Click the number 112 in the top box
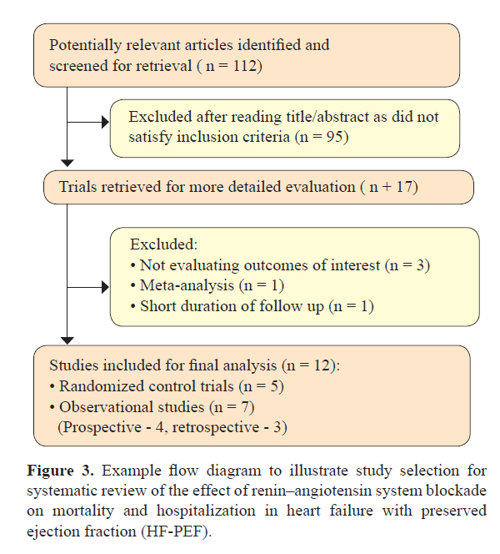click(244, 65)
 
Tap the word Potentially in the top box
click(85, 46)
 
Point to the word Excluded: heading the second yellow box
click(163, 244)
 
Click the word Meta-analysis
click(187, 285)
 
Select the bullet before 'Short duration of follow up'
click(133, 307)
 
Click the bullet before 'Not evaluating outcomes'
click(133, 265)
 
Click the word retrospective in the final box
click(216, 428)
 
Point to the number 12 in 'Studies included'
click(322, 365)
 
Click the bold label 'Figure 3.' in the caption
click(60, 471)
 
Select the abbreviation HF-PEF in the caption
click(174, 531)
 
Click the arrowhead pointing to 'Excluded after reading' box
click(105, 123)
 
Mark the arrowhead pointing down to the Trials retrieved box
click(67, 164)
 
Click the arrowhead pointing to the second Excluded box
click(105, 287)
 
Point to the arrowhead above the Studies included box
click(67, 340)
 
